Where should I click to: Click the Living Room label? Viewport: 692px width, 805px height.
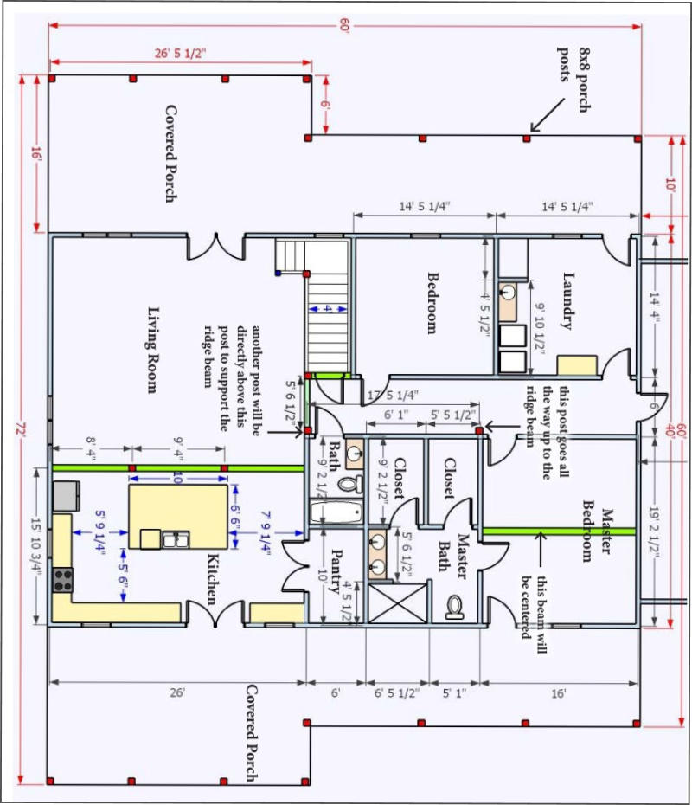click(x=152, y=351)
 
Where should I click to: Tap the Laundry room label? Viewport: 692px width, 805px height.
click(x=567, y=300)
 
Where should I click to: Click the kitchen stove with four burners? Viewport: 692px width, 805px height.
click(x=63, y=580)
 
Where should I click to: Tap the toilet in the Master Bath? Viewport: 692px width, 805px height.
click(x=454, y=607)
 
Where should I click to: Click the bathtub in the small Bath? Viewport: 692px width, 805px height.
click(x=336, y=512)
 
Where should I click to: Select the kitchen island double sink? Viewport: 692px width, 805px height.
click(x=176, y=539)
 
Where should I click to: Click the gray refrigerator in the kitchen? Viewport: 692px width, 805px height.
click(x=67, y=495)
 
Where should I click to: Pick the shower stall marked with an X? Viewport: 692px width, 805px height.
click(x=398, y=602)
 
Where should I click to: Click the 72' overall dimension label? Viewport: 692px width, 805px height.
click(x=21, y=429)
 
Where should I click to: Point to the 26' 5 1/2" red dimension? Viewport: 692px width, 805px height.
click(x=181, y=53)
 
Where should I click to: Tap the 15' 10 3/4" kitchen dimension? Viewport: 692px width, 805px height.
click(x=35, y=544)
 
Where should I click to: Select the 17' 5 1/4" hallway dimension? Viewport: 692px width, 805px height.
click(x=393, y=396)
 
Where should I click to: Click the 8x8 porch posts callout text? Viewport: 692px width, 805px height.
click(x=574, y=80)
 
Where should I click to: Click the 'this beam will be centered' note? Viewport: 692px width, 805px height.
click(x=534, y=614)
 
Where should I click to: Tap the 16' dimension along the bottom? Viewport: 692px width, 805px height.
click(x=559, y=693)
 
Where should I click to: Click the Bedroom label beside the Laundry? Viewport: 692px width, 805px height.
click(x=432, y=303)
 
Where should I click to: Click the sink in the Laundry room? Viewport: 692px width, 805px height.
click(x=507, y=293)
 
